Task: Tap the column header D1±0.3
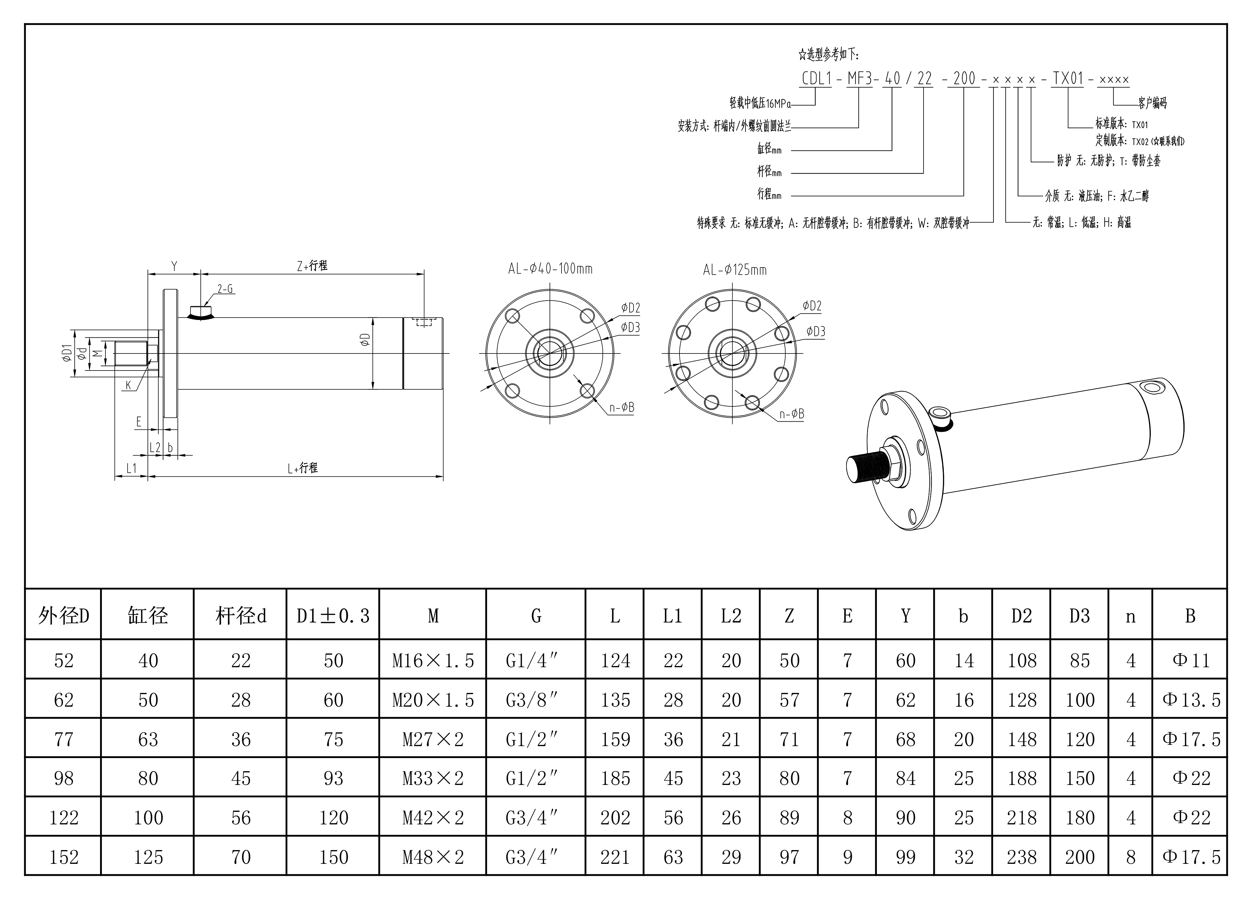(333, 616)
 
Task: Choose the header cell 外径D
(63, 616)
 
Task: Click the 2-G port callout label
(225, 289)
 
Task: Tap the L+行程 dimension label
(302, 468)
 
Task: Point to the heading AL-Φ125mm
(734, 270)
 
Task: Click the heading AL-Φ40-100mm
(550, 269)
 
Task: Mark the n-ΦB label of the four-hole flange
(622, 408)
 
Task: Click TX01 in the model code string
(1068, 79)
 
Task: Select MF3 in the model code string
(859, 79)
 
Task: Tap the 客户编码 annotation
(1152, 103)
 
